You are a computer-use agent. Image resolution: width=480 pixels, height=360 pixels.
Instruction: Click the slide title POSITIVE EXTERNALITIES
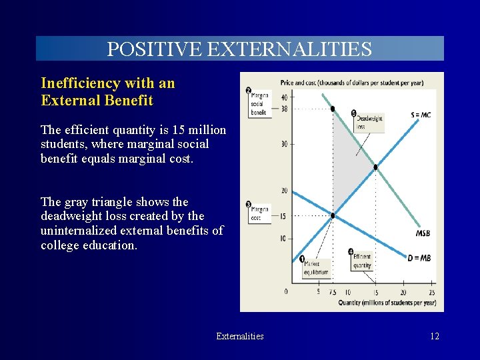point(239,49)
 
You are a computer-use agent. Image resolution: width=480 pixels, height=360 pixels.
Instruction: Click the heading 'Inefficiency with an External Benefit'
point(107,92)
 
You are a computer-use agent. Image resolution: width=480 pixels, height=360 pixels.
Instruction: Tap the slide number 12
point(434,336)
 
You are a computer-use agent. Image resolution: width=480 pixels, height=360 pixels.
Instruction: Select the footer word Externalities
point(239,336)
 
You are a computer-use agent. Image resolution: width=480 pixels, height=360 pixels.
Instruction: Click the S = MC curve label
point(420,115)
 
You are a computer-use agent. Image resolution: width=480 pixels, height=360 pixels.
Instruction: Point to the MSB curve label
point(423,233)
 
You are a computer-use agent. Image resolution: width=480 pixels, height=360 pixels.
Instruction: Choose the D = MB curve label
point(419,258)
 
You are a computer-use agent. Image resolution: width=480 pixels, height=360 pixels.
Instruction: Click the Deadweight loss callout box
point(369,122)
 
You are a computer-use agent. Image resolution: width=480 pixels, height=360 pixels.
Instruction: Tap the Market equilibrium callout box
point(315,268)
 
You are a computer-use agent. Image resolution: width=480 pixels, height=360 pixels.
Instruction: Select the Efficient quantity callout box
point(363,261)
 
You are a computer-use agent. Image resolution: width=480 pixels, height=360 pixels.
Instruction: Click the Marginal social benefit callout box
point(259,104)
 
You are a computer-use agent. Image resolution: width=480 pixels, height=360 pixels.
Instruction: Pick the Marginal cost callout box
point(259,213)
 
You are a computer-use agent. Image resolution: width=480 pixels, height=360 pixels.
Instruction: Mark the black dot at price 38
point(333,109)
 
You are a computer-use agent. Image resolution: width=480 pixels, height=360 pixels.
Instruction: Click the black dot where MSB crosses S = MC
point(376,167)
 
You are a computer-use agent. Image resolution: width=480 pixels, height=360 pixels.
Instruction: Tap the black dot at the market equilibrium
point(333,215)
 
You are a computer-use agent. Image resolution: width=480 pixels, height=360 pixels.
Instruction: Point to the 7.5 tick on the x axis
point(332,292)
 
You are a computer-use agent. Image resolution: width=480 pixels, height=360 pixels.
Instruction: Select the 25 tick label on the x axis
point(432,292)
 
